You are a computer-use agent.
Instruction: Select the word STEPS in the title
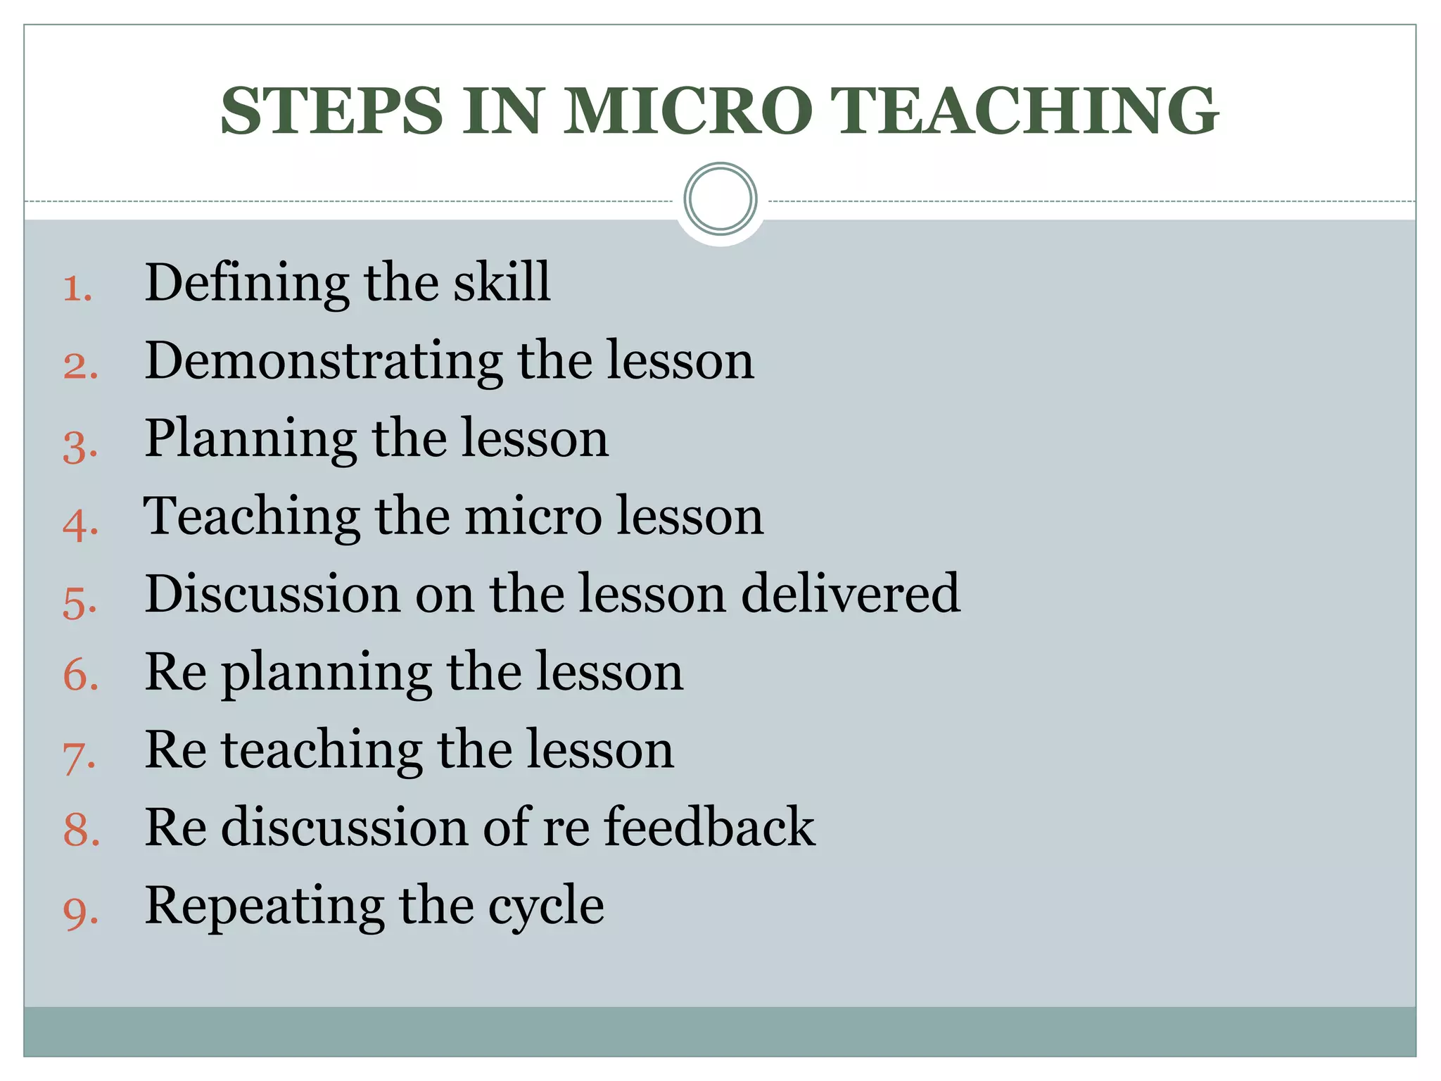click(331, 110)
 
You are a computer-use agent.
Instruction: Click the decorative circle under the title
click(720, 199)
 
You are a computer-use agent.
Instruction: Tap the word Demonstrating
click(324, 361)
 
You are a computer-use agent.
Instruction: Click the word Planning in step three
click(250, 439)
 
